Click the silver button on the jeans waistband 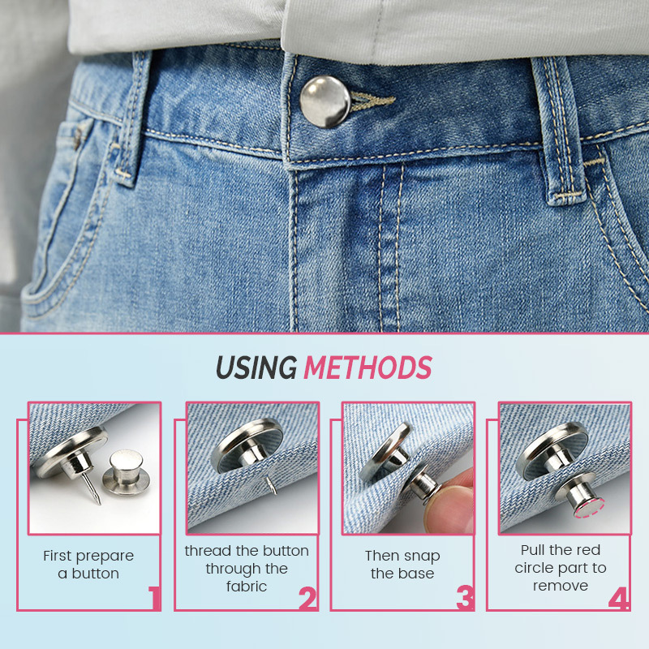coord(324,101)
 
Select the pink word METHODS coord(367,367)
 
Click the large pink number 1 coord(154,599)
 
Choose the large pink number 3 coord(464,599)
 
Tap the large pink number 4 coord(619,599)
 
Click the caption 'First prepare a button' coord(88,565)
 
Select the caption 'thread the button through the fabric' coord(247,568)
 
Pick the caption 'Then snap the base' coord(402,565)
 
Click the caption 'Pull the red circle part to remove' coord(561,568)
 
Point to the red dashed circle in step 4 coord(586,508)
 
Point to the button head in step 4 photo coord(552,450)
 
